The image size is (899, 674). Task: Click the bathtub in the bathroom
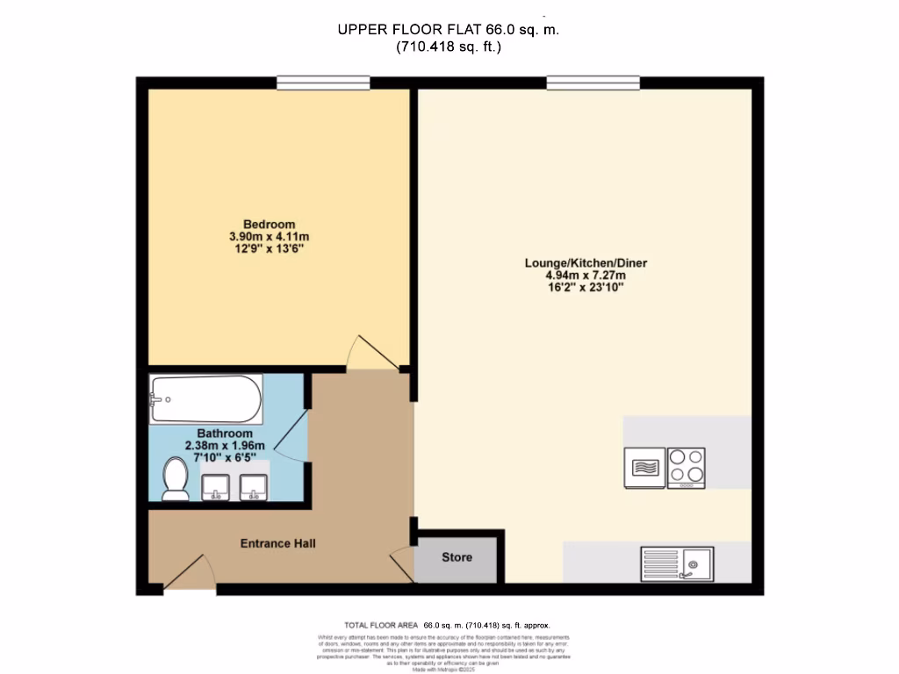coord(205,399)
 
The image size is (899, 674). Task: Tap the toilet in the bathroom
coord(176,480)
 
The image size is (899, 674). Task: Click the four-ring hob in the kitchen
coord(686,467)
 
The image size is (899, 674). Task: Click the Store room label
coord(457,557)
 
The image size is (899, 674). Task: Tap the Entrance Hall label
coord(277,543)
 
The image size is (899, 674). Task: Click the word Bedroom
coord(270,224)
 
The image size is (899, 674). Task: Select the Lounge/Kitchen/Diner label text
coord(586,262)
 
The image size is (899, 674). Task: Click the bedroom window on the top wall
coord(322,83)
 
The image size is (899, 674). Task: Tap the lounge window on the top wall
coord(593,83)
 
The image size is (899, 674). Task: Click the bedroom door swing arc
coord(373,351)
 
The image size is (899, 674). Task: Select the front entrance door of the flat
coord(188,575)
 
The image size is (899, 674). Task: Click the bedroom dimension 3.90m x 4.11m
coord(270,237)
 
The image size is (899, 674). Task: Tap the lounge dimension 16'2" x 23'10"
coord(586,287)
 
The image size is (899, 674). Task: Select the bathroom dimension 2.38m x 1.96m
coord(225,446)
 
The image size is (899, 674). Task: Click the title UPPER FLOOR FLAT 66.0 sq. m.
coord(449,30)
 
